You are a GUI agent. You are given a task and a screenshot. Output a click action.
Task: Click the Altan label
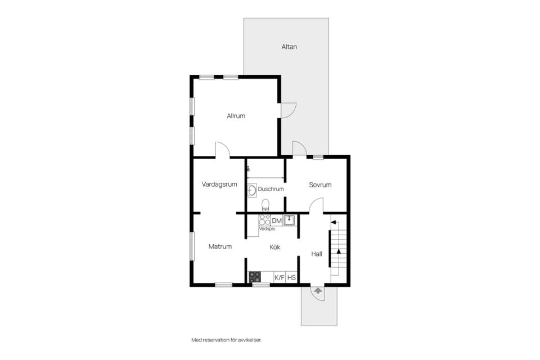[x=289, y=47]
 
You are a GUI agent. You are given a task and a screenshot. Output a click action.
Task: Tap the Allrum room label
[x=236, y=116]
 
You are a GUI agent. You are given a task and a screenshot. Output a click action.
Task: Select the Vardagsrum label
[x=219, y=184]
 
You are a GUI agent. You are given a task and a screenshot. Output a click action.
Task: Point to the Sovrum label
[x=320, y=185]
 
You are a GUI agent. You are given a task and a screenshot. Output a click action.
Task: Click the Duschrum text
[x=271, y=189]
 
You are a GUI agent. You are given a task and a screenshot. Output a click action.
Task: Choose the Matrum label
[x=220, y=247]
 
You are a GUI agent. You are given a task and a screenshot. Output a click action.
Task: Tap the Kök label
[x=275, y=247]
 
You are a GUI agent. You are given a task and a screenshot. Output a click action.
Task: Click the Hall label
[x=317, y=254]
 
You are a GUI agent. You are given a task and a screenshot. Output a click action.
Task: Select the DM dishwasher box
[x=277, y=220]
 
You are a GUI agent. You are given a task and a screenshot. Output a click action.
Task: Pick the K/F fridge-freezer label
[x=280, y=277]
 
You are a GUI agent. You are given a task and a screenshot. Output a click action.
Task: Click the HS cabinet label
[x=291, y=277]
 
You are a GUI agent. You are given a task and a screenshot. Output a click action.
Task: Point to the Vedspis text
[x=267, y=229]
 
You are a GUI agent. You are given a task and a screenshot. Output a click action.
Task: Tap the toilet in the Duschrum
[x=265, y=205]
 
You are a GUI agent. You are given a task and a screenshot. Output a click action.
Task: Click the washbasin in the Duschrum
[x=252, y=190]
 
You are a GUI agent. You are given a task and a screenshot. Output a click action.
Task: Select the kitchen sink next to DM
[x=289, y=220]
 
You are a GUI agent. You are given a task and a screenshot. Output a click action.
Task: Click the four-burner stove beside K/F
[x=255, y=277]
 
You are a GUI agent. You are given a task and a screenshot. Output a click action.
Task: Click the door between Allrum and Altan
[x=289, y=111]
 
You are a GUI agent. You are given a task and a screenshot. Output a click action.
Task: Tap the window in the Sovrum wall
[x=318, y=157]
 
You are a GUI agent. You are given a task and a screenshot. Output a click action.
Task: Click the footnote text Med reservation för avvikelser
[x=227, y=340]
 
